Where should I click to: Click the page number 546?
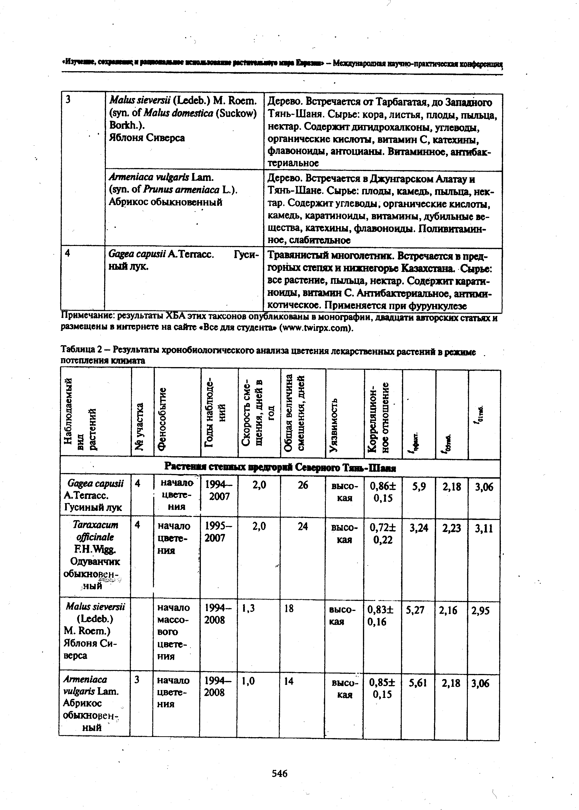280,773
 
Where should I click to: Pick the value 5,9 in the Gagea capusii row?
419,487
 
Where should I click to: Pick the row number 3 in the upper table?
68,100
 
